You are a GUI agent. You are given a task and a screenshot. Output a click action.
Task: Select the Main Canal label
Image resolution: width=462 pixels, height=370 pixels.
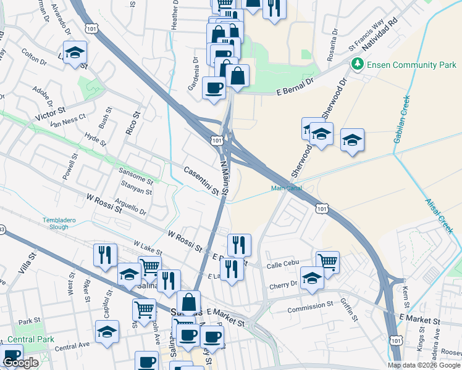coord(286,189)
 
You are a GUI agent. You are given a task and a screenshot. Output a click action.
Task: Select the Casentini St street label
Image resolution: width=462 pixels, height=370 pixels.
coord(201,181)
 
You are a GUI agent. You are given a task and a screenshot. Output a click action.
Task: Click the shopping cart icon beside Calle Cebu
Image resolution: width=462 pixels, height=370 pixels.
coord(327,261)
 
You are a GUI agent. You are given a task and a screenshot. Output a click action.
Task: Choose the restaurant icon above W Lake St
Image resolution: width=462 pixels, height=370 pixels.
coord(105,253)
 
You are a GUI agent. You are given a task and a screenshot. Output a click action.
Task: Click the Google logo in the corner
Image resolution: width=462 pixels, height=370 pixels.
coord(20,363)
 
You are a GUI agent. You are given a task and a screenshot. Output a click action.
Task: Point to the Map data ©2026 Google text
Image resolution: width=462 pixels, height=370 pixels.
coord(424,365)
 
